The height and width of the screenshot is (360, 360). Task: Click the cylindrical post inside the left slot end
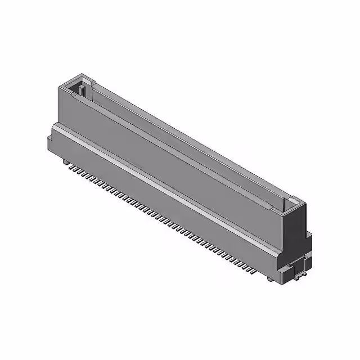[82, 89]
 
